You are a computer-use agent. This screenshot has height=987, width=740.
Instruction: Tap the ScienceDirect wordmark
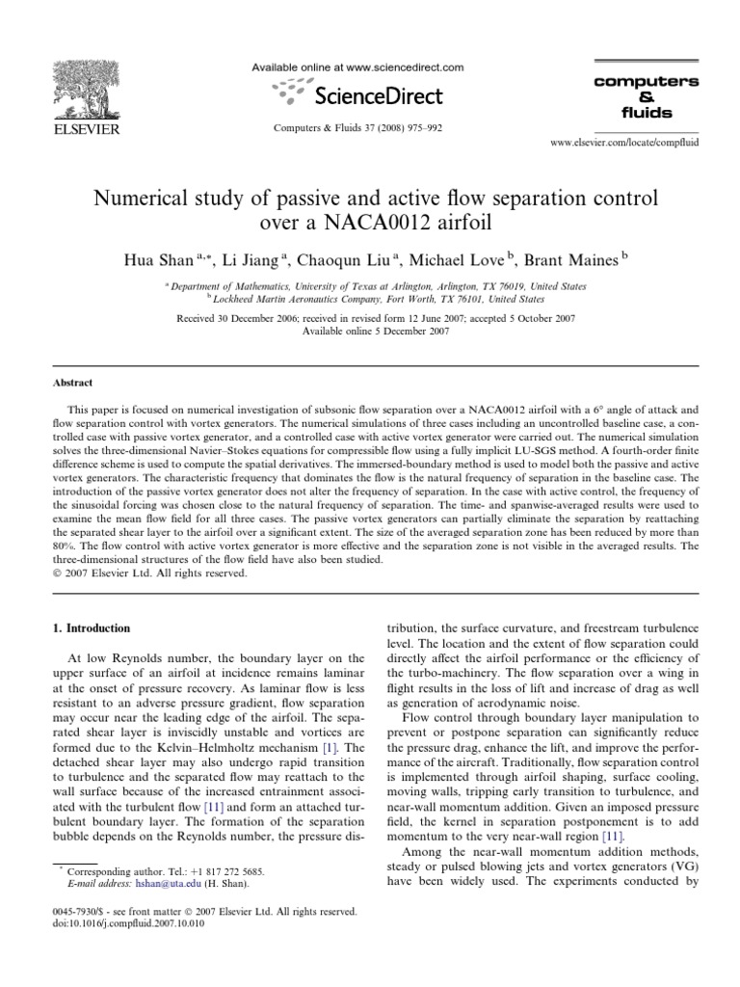pos(379,95)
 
